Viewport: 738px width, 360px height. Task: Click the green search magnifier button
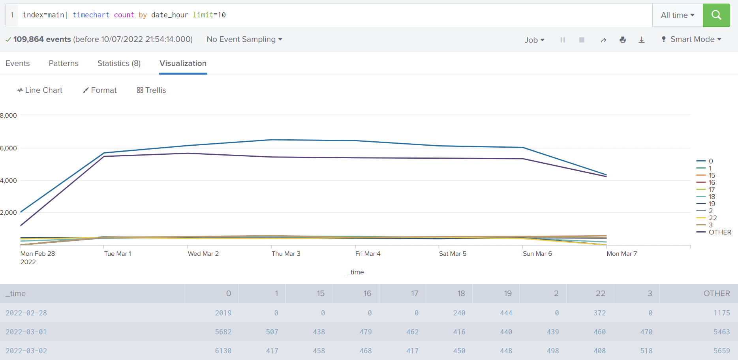coord(716,15)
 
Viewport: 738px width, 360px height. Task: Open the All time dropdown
coord(677,15)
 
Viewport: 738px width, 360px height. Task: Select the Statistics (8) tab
coord(119,63)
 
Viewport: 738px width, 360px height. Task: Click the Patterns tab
coord(64,63)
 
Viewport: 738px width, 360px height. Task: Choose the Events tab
coord(17,63)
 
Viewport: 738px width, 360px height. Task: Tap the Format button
coord(100,90)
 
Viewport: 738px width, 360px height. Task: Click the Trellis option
coord(152,90)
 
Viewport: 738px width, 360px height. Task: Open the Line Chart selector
coord(40,90)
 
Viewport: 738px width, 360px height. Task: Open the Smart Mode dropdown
coord(691,39)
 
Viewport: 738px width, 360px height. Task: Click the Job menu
coord(534,40)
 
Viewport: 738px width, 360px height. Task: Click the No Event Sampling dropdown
coord(244,39)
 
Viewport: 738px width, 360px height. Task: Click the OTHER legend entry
coord(719,232)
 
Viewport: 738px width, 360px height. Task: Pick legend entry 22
coord(712,218)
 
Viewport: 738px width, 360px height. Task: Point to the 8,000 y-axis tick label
coord(9,115)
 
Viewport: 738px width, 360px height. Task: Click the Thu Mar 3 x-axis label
coord(286,253)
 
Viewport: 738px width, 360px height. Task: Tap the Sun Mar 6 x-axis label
coord(537,253)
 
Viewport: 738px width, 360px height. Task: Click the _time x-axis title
coord(355,272)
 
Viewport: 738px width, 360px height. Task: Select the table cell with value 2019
coord(223,313)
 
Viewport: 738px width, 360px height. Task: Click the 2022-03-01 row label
coord(26,332)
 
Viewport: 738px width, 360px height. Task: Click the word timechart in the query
coord(91,15)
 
